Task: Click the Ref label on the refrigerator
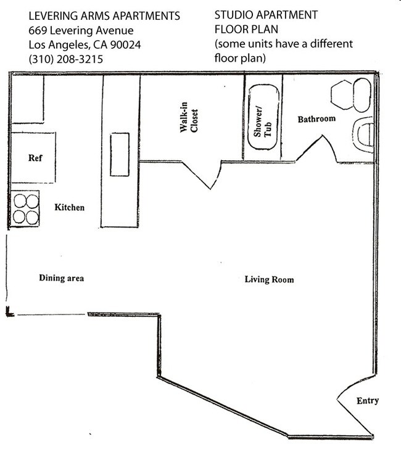35,158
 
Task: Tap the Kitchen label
69,208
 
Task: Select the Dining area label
61,278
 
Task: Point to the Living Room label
269,279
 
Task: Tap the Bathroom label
316,119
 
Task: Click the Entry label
368,401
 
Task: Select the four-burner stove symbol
25,209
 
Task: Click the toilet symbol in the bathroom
364,135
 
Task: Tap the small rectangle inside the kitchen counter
120,154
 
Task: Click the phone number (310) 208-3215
65,59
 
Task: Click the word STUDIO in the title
234,15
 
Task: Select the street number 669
38,30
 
